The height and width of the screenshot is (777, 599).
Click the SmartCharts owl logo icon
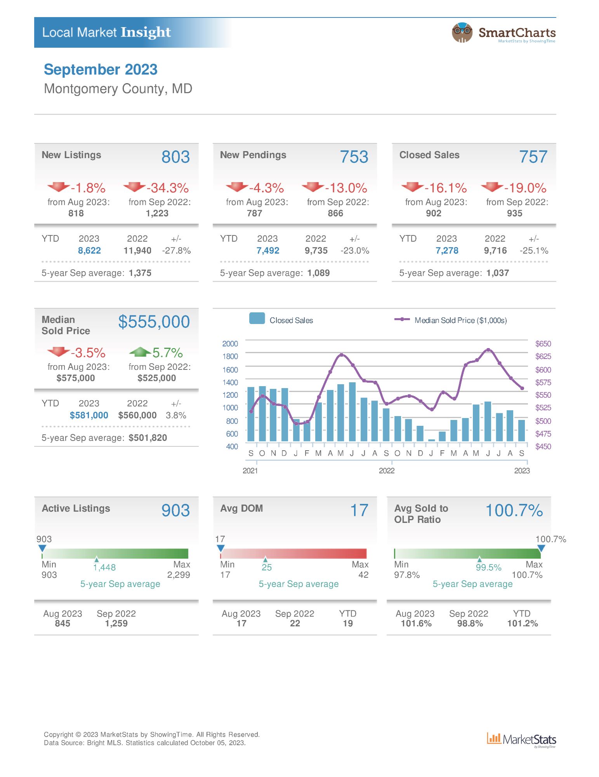pyautogui.click(x=462, y=32)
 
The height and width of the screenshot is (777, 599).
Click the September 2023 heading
pyautogui.click(x=101, y=70)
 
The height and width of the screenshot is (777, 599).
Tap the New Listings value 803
pyautogui.click(x=175, y=157)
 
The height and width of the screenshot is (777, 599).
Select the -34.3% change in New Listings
pyautogui.click(x=167, y=188)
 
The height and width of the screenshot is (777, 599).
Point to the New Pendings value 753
pyautogui.click(x=354, y=157)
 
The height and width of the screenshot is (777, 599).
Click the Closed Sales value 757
pyautogui.click(x=533, y=157)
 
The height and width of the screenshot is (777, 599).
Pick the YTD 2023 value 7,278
pyautogui.click(x=447, y=251)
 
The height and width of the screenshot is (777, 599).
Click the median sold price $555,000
pyautogui.click(x=154, y=322)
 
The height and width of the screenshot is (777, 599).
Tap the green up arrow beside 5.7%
pyautogui.click(x=140, y=352)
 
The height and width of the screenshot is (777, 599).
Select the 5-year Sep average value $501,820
pyautogui.click(x=148, y=438)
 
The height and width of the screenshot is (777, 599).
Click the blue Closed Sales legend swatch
pyautogui.click(x=257, y=318)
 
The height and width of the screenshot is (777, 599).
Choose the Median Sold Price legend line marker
pyautogui.click(x=402, y=319)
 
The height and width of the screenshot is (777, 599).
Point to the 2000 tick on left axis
pyautogui.click(x=230, y=343)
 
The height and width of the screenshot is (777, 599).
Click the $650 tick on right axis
pyautogui.click(x=543, y=343)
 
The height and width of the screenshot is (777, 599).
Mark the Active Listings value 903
pyautogui.click(x=175, y=510)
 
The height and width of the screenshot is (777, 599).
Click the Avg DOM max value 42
pyautogui.click(x=363, y=575)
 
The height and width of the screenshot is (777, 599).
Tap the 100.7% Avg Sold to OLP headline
pyautogui.click(x=514, y=510)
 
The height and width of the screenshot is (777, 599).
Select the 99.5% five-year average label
pyautogui.click(x=488, y=568)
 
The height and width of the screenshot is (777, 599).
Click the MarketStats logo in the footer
pyautogui.click(x=521, y=740)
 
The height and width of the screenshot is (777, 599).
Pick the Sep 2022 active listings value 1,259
pyautogui.click(x=116, y=624)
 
